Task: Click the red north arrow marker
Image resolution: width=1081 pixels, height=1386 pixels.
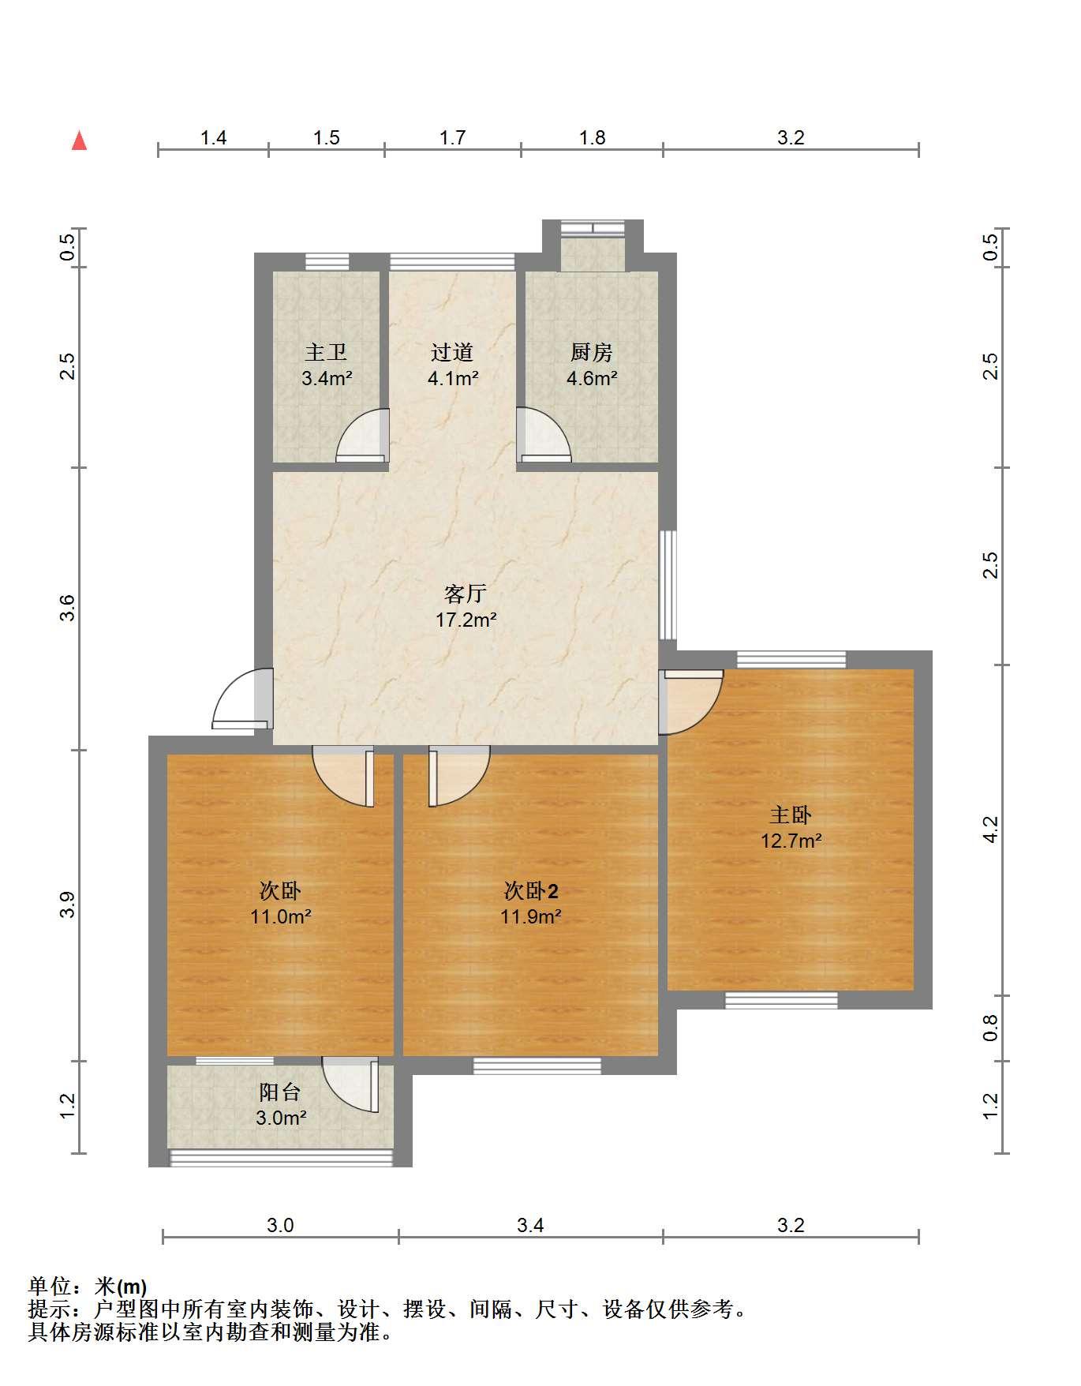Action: pos(79,140)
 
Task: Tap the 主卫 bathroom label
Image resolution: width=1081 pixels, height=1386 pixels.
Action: pos(326,352)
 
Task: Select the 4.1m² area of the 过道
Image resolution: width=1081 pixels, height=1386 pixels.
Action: pos(453,378)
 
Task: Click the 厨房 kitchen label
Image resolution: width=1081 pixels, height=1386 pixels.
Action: pos(591,352)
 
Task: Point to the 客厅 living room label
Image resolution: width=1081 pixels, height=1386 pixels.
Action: pos(466,594)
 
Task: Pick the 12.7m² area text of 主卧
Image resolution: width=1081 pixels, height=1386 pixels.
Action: pos(791,841)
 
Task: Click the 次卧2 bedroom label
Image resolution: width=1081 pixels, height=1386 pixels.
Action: pos(531,891)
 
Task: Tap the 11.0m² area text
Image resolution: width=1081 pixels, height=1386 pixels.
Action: pos(280,917)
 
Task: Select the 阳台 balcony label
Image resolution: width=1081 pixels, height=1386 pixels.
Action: pos(280,1092)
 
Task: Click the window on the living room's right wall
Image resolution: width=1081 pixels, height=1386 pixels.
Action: pos(668,584)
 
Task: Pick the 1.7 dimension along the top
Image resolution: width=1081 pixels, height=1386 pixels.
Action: pos(453,138)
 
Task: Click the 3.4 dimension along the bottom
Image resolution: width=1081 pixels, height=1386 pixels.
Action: pos(530,1225)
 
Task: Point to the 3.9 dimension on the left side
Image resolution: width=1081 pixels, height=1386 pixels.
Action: pos(68,905)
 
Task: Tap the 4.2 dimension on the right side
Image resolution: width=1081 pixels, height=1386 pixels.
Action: pos(991,830)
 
